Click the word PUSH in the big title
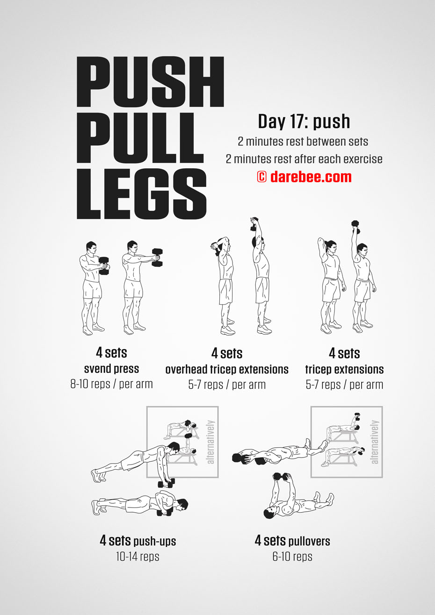coord(150,82)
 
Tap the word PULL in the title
coord(140,138)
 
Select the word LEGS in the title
coord(142,194)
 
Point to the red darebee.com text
coord(311,177)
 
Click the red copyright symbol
coord(261,177)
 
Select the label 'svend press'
coord(112,369)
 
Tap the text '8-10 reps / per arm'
coord(112,384)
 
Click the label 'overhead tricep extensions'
coord(227,370)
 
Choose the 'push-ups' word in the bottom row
coord(154,541)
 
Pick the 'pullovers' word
coord(309,541)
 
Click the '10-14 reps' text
coord(138,557)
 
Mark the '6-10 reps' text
coord(292,557)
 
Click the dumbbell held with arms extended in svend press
coord(157,257)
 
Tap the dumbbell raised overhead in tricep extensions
coord(355,227)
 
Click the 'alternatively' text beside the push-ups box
coord(210,442)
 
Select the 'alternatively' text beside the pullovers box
coord(375,442)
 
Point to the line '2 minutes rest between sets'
coord(303,142)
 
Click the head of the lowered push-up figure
coord(181,505)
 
